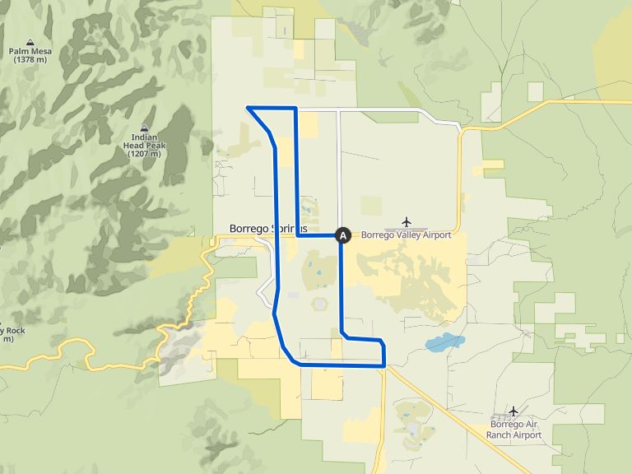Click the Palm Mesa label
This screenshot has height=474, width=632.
click(x=30, y=51)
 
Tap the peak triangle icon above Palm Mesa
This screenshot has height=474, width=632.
click(x=30, y=41)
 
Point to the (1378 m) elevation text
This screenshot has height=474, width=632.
click(x=30, y=60)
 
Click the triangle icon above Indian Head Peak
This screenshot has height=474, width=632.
click(x=144, y=128)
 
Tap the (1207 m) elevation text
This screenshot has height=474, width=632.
click(x=144, y=154)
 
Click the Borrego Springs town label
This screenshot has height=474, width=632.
click(x=267, y=228)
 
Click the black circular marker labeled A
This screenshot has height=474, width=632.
click(x=344, y=235)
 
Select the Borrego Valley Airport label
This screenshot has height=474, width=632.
click(x=407, y=235)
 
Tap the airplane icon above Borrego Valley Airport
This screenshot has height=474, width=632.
click(x=407, y=222)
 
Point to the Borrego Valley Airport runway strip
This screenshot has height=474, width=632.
click(x=407, y=230)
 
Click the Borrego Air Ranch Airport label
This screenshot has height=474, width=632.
click(x=513, y=430)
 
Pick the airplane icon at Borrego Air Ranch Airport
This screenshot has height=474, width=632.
click(x=513, y=411)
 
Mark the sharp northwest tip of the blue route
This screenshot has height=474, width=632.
click(x=249, y=108)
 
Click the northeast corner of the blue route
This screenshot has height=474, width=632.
click(x=295, y=109)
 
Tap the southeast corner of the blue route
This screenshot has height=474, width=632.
click(x=384, y=365)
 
